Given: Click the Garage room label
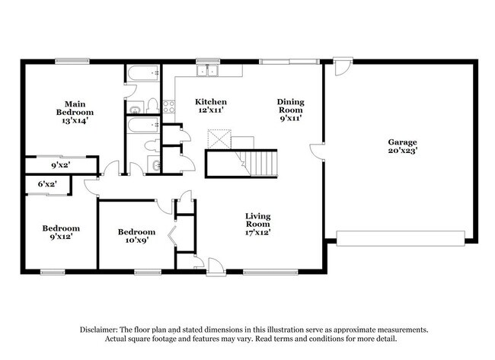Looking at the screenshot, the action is [x=403, y=146].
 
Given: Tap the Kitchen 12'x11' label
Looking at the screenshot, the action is [x=211, y=106].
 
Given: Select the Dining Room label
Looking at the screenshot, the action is [x=291, y=110].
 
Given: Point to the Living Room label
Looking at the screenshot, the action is [x=258, y=224].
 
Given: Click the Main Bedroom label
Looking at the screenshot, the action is [x=75, y=112].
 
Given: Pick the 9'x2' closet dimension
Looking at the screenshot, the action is [x=61, y=164].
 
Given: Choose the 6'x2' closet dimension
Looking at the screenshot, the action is [x=47, y=183].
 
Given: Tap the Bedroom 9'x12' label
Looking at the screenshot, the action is [x=61, y=232].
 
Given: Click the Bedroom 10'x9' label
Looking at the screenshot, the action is [x=136, y=236].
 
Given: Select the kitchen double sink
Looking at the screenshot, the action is [x=207, y=71].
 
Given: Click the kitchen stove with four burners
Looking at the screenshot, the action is [x=168, y=107].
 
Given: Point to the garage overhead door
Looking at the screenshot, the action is [x=401, y=238].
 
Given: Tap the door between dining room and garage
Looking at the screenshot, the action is [x=318, y=151].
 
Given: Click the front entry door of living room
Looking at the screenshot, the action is [x=216, y=267].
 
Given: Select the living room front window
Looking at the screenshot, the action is [x=270, y=272].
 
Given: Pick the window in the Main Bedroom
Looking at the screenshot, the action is [x=72, y=61].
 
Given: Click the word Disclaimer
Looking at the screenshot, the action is [x=99, y=330].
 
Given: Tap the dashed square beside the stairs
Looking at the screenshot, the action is [x=219, y=139].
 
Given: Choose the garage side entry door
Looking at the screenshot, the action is [x=343, y=66].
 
